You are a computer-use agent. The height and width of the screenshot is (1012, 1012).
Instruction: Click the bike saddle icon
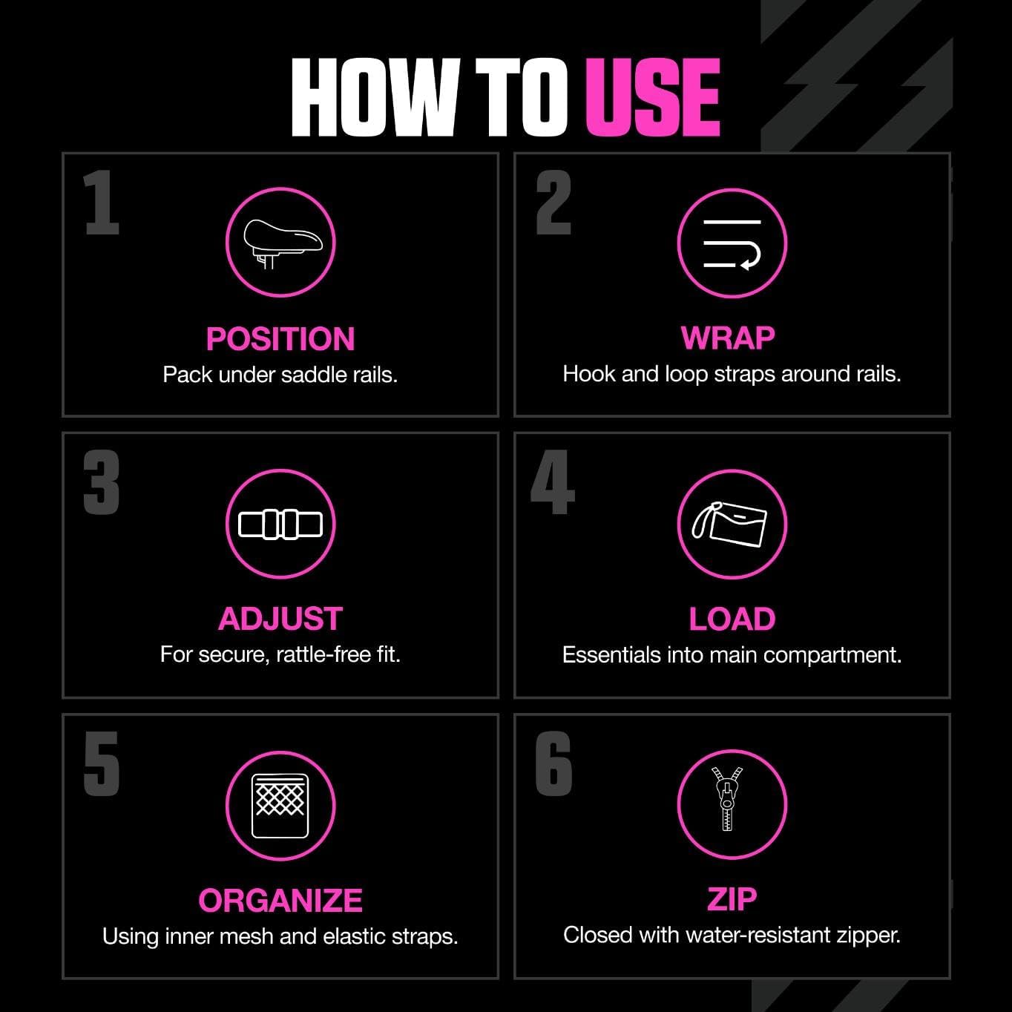coord(280,243)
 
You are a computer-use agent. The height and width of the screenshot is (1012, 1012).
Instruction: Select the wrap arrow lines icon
coord(732,243)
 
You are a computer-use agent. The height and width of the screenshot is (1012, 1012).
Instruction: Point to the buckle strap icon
coord(280,525)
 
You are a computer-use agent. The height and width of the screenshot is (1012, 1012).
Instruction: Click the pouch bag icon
coord(732,525)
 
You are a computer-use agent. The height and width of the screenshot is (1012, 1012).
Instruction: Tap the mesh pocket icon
coord(280,806)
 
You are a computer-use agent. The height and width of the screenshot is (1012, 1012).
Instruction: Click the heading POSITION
coord(280,339)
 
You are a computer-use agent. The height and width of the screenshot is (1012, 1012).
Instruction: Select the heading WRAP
coord(728,338)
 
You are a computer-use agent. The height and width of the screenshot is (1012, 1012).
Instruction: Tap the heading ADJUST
coord(280,619)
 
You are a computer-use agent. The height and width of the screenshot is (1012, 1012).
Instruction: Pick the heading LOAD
coord(732,619)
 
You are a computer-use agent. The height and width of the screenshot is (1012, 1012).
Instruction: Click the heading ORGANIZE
coord(280,900)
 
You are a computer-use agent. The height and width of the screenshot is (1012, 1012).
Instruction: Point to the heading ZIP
coord(732,898)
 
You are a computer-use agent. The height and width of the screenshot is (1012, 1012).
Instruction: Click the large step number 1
coord(101,203)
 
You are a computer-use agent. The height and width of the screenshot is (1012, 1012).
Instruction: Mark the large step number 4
coord(553,483)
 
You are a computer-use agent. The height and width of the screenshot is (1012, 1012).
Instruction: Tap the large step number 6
coord(553,763)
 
